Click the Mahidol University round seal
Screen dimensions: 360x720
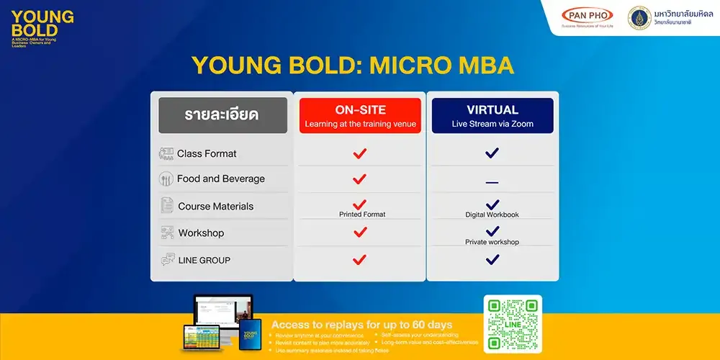pyautogui.click(x=639, y=18)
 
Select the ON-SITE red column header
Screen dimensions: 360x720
pyautogui.click(x=360, y=116)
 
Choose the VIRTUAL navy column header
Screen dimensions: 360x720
pyautogui.click(x=492, y=116)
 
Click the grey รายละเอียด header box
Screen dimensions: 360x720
pyautogui.click(x=221, y=115)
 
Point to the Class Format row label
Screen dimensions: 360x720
pyautogui.click(x=207, y=153)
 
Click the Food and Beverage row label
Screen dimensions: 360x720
pyautogui.click(x=220, y=179)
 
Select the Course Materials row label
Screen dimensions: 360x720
pyautogui.click(x=215, y=206)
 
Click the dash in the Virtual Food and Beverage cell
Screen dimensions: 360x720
pyautogui.click(x=492, y=182)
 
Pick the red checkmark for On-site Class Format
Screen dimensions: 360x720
pyautogui.click(x=360, y=153)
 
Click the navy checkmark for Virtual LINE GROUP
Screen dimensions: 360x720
pyautogui.click(x=492, y=259)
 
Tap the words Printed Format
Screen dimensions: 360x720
pyautogui.click(x=362, y=215)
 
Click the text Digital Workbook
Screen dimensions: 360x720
pyautogui.click(x=492, y=215)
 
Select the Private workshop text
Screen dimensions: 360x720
pyautogui.click(x=492, y=242)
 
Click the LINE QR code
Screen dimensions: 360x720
pyautogui.click(x=513, y=324)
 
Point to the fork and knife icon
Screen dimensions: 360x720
pyautogui.click(x=167, y=179)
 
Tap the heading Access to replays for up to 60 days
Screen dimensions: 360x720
pyautogui.click(x=361, y=325)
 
